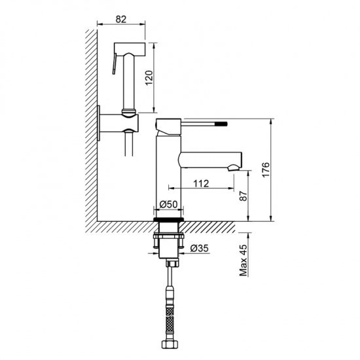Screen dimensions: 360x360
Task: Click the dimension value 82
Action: [x=121, y=19]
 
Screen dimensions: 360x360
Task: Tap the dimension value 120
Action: [x=149, y=78]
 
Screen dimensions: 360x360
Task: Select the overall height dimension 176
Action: [x=266, y=170]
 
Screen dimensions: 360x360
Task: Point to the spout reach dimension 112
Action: [x=201, y=183]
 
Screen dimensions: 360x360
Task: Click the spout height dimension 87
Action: [x=243, y=196]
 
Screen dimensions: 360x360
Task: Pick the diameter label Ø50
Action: [x=169, y=204]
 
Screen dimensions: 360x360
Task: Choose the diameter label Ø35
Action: [x=200, y=248]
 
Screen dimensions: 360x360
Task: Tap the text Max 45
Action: [x=243, y=260]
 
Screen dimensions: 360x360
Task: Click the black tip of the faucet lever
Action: [x=225, y=124]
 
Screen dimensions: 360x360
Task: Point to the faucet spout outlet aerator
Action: [x=234, y=168]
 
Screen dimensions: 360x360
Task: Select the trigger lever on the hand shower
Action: [x=115, y=64]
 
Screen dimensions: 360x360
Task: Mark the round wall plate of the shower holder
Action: [x=99, y=123]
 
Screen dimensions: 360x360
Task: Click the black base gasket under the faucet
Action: [x=169, y=219]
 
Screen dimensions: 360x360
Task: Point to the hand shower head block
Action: [x=130, y=49]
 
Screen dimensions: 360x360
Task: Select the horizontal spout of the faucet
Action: [x=210, y=160]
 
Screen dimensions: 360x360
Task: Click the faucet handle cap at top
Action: [x=168, y=127]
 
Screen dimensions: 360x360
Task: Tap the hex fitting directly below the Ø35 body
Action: [x=172, y=262]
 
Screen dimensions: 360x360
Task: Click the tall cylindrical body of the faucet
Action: [x=168, y=176]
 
